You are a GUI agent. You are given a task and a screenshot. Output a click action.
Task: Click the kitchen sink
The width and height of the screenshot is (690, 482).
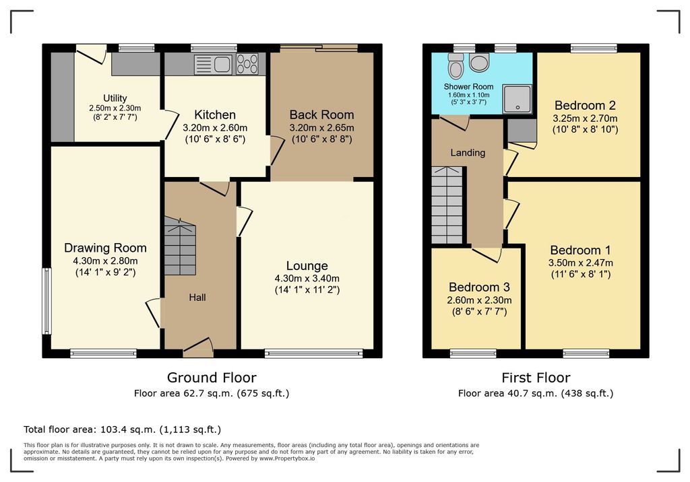213,64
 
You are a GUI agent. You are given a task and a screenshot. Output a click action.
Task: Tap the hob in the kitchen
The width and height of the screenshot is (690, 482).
247,64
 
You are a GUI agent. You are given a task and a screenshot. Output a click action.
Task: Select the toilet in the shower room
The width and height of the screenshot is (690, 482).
456,65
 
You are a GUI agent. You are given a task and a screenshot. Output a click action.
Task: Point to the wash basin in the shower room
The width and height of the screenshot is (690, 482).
479,62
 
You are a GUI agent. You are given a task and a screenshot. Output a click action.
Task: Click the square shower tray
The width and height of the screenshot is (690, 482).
517,98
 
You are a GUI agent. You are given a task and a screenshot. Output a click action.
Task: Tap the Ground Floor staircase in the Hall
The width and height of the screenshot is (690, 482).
180,246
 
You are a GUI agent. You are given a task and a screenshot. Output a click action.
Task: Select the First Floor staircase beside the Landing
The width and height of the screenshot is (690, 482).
447,205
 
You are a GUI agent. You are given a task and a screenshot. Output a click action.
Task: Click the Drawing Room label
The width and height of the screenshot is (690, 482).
105,248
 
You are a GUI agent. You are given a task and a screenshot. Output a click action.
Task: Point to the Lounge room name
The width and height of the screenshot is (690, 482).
307,266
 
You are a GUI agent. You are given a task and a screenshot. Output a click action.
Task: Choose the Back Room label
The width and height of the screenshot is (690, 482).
321,115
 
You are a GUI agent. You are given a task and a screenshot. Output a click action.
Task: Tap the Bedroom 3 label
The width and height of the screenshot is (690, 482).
479,287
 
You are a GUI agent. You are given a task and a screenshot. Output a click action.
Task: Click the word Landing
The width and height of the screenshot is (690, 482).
468,153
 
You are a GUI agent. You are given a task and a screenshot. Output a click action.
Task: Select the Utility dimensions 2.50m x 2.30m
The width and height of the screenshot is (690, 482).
115,108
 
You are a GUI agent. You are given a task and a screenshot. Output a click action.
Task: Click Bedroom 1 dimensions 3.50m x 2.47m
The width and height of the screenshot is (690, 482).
580,263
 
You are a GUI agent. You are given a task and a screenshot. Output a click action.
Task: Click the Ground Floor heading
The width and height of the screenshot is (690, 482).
212,378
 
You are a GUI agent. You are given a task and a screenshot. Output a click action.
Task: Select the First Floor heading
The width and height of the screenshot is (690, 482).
536,378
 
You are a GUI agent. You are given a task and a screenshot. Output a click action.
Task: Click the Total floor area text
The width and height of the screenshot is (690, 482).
123,429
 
